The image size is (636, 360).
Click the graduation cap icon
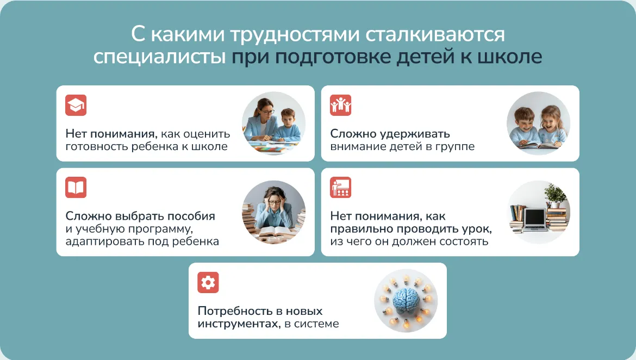pos(76,105)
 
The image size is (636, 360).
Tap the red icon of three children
pos(340,105)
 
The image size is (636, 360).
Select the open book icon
pos(76,188)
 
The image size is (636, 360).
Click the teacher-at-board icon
pos(340,188)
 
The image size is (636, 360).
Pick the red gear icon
pos(208,282)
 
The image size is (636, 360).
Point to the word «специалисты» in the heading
pos(159,57)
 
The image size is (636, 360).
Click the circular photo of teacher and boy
pos(274,123)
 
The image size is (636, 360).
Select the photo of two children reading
pos(538,123)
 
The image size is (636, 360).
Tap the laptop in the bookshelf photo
pos(534,220)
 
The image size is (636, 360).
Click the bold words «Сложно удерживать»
pos(390,134)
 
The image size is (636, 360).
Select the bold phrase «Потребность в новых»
pos(260,311)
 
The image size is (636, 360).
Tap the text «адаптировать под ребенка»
pos(142,241)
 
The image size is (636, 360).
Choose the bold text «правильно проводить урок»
pos(411,229)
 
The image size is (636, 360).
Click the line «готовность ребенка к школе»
pos(146,146)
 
